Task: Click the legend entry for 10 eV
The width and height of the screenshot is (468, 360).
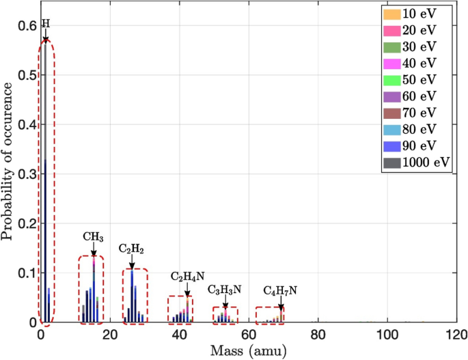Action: click(417, 14)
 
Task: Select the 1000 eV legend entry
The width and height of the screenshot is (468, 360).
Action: click(417, 162)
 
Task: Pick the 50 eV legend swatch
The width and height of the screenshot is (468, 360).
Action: click(393, 79)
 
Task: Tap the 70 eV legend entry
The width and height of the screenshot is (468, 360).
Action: click(417, 113)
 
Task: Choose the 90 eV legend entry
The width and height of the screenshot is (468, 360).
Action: click(417, 146)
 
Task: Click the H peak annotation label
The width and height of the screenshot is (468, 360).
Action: click(46, 23)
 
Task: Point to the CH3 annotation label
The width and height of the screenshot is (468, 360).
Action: click(93, 236)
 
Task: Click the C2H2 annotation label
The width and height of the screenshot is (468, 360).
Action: click(132, 248)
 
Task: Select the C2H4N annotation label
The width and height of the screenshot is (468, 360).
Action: click(185, 276)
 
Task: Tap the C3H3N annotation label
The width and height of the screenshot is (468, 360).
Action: click(225, 290)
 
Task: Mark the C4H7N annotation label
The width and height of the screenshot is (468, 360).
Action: click(281, 291)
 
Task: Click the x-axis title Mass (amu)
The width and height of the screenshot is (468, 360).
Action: click(248, 351)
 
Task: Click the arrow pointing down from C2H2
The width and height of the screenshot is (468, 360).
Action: click(132, 261)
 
